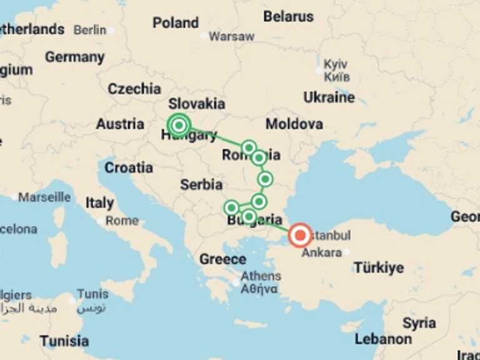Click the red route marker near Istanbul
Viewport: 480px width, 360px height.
pos(301,236)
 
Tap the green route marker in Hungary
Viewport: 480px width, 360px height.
pos(179,125)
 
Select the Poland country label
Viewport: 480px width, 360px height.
pos(176,23)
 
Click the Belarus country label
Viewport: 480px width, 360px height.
pos(288,17)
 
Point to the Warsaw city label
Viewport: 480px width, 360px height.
pos(231,36)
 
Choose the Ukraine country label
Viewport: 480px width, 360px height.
pos(329,97)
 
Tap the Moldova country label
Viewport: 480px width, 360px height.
pos(294,124)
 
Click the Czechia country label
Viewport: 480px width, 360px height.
pos(134,89)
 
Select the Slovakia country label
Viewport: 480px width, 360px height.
pos(197,104)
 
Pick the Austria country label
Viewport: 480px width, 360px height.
pos(120,124)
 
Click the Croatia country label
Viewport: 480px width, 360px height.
pos(129,167)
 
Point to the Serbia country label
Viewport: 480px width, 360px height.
pos(201,184)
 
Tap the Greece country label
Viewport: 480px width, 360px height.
pos(222,259)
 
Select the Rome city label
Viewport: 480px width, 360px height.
pos(122,221)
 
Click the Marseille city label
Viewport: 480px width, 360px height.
pos(44,197)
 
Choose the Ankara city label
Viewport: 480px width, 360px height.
pos(321,253)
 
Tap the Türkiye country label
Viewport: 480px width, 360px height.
pos(379,268)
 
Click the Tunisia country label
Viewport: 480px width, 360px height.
pos(64,341)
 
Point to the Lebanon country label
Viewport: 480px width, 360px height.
pos(383,339)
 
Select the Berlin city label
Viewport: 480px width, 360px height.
pos(89,30)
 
